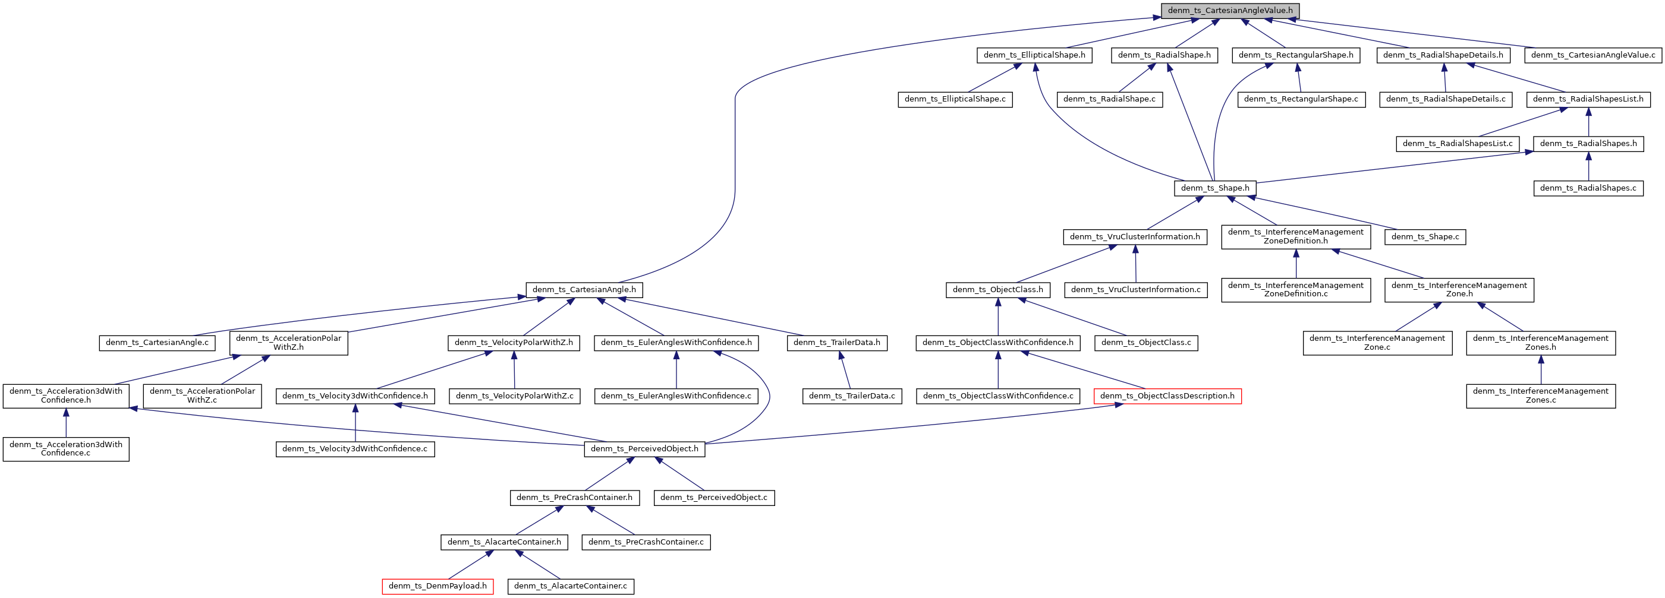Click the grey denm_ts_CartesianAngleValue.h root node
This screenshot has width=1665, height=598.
click(x=1229, y=11)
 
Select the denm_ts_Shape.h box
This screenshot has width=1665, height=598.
click(x=1214, y=188)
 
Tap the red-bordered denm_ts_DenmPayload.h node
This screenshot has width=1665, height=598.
click(x=438, y=586)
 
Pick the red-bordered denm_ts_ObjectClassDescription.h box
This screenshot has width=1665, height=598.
click(x=1167, y=396)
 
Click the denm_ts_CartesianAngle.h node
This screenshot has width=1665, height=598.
click(x=584, y=290)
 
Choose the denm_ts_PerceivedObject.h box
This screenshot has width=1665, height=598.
click(x=644, y=449)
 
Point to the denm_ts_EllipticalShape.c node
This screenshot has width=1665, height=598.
click(x=955, y=99)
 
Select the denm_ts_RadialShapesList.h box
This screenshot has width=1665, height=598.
click(x=1588, y=99)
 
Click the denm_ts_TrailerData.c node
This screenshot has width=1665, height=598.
click(x=851, y=396)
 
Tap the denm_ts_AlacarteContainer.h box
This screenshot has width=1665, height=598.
click(x=504, y=542)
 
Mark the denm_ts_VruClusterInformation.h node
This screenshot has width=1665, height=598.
click(x=1134, y=237)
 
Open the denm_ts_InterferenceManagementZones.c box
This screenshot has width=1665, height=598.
click(x=1540, y=396)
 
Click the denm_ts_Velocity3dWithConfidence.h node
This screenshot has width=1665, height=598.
click(x=355, y=396)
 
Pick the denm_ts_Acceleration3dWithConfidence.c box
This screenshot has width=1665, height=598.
click(x=66, y=449)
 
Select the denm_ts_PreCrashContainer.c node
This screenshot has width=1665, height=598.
click(x=646, y=542)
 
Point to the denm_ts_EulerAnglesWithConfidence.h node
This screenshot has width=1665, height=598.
click(x=676, y=343)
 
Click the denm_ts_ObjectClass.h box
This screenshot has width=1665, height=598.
click(x=997, y=290)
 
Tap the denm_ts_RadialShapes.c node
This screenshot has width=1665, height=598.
click(x=1588, y=188)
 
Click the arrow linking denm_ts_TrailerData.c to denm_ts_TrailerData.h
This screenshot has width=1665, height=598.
click(x=845, y=370)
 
